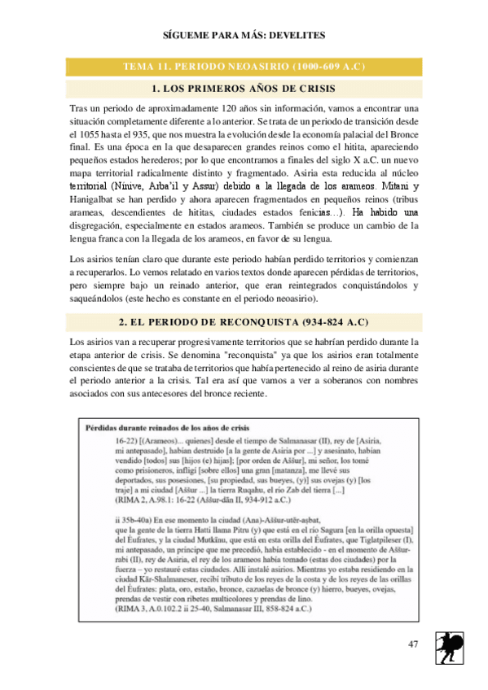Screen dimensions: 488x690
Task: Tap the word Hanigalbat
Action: pos(95,199)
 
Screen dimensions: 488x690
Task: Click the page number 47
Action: pos(414,646)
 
